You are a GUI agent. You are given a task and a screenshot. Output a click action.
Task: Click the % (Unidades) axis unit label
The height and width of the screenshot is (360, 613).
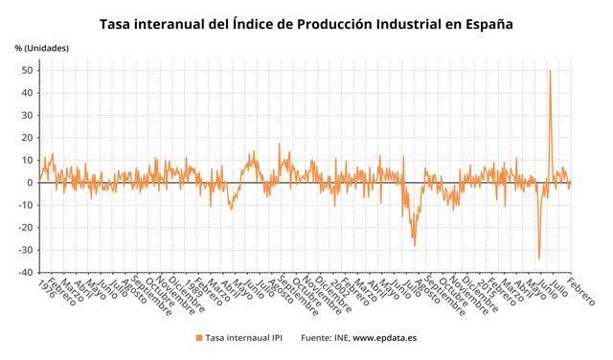click(x=42, y=48)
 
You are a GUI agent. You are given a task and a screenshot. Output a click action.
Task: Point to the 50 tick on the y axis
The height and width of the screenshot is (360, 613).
click(x=29, y=71)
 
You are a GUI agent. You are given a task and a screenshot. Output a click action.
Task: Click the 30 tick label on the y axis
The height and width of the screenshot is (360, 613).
click(x=29, y=116)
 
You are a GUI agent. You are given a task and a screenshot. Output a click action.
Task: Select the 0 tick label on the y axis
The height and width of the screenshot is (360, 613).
click(x=32, y=183)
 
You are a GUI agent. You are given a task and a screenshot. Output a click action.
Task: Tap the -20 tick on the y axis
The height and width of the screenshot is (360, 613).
click(x=27, y=228)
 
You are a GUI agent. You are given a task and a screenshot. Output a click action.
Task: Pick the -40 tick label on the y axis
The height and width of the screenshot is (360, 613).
click(x=27, y=273)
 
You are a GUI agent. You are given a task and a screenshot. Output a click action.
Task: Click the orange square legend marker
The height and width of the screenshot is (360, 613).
click(x=199, y=338)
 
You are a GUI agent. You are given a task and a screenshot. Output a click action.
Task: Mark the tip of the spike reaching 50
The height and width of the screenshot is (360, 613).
click(x=550, y=71)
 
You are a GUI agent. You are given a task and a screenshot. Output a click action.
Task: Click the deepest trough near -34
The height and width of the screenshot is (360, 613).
click(x=538, y=259)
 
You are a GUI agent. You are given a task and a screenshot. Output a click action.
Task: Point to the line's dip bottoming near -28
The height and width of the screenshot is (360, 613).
click(x=415, y=245)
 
